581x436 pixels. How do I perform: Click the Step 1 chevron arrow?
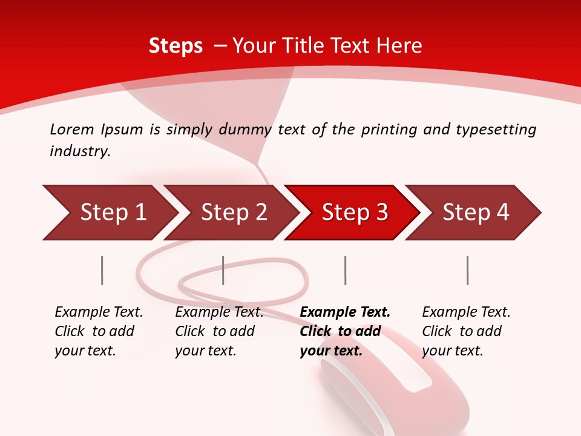pos(112,213)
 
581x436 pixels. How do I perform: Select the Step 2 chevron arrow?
pos(233,213)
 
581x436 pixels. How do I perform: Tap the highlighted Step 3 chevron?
pos(354,213)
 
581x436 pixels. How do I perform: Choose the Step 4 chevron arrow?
pos(475,213)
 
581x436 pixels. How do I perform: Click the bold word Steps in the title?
pos(176,46)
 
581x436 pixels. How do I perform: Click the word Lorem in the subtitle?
pos(71,129)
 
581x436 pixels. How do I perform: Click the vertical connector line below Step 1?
pos(102,270)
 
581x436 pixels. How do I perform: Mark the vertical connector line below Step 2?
pos(223,270)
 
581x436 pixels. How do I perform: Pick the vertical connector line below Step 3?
pos(346,270)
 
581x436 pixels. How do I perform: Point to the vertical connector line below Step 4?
pos(468,270)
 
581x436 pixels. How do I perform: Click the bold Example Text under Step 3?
pos(345,312)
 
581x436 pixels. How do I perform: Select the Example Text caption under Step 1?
pos(99,312)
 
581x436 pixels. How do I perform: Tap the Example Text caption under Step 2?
pos(219,312)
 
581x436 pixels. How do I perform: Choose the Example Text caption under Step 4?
pos(466,312)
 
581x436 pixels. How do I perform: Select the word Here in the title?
pos(399,46)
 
